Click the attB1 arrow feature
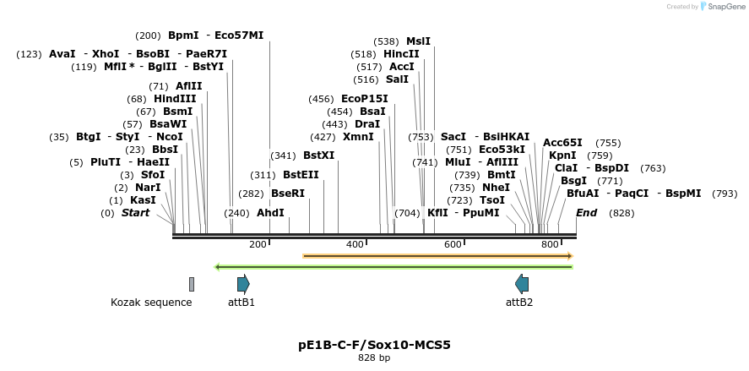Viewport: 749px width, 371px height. (243, 284)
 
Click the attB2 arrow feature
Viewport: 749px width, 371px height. (522, 284)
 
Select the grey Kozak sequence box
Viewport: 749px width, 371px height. (192, 284)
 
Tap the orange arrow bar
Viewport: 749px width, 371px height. (437, 255)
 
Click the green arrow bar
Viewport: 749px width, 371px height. (394, 267)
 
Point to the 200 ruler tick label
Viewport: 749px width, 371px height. (258, 244)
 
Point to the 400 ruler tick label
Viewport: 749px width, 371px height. (355, 244)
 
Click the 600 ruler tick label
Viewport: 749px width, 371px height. (453, 244)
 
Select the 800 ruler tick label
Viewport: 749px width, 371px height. (550, 244)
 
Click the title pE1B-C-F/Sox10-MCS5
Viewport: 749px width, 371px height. (374, 345)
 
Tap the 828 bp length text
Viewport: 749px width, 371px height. (374, 358)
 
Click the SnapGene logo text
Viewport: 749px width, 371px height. (725, 7)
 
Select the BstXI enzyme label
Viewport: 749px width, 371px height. (318, 155)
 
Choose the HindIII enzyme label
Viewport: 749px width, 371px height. (175, 99)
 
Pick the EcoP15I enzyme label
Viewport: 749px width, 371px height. (365, 99)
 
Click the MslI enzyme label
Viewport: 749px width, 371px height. (418, 41)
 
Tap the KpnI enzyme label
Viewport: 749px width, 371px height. (562, 155)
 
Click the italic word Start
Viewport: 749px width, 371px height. (135, 213)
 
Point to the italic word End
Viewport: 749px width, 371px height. (586, 213)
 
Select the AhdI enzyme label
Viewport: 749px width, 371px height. (270, 213)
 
